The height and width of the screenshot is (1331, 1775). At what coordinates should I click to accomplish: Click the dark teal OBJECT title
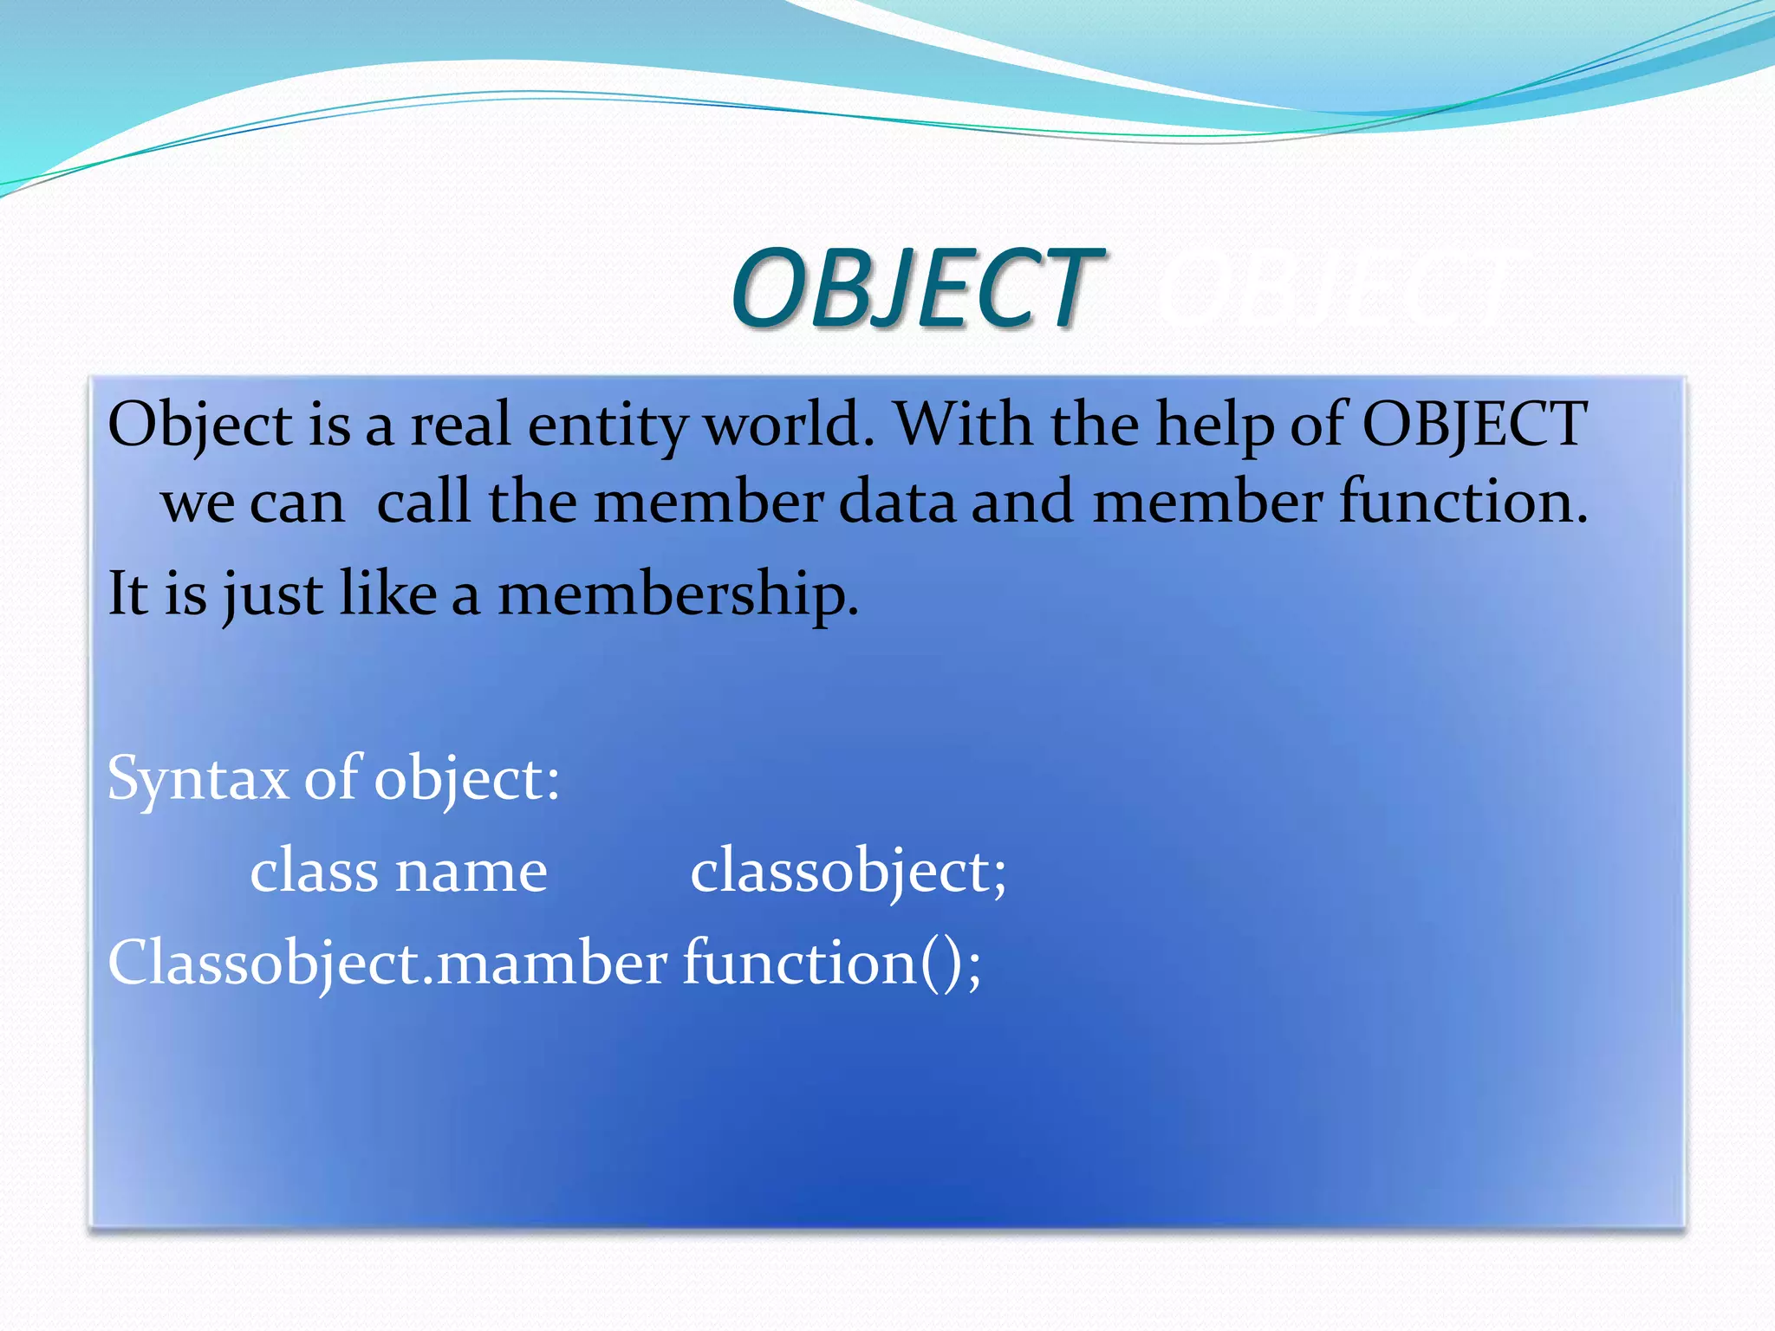click(915, 289)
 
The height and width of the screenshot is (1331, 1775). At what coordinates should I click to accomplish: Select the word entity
click(607, 426)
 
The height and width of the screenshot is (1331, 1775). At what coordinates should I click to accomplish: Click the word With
click(963, 425)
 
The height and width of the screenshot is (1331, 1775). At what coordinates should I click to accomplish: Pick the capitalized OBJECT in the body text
click(1474, 426)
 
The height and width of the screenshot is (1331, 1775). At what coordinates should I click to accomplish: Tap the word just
click(272, 595)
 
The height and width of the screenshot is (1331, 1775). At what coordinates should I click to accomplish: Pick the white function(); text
click(832, 964)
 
